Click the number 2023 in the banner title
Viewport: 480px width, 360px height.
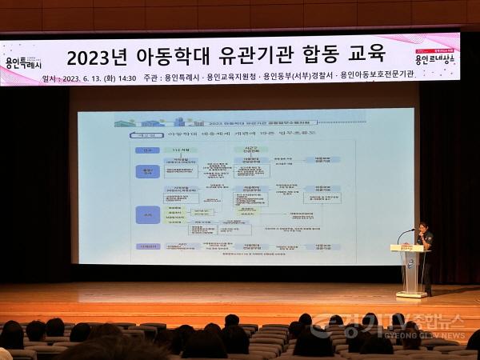(94, 58)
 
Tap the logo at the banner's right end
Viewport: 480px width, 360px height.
(435, 54)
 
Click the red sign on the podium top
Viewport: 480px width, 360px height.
(412, 248)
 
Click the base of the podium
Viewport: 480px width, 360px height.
(411, 295)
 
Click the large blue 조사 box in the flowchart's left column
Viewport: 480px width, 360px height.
(147, 214)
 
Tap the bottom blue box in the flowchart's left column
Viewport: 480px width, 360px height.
(147, 247)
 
